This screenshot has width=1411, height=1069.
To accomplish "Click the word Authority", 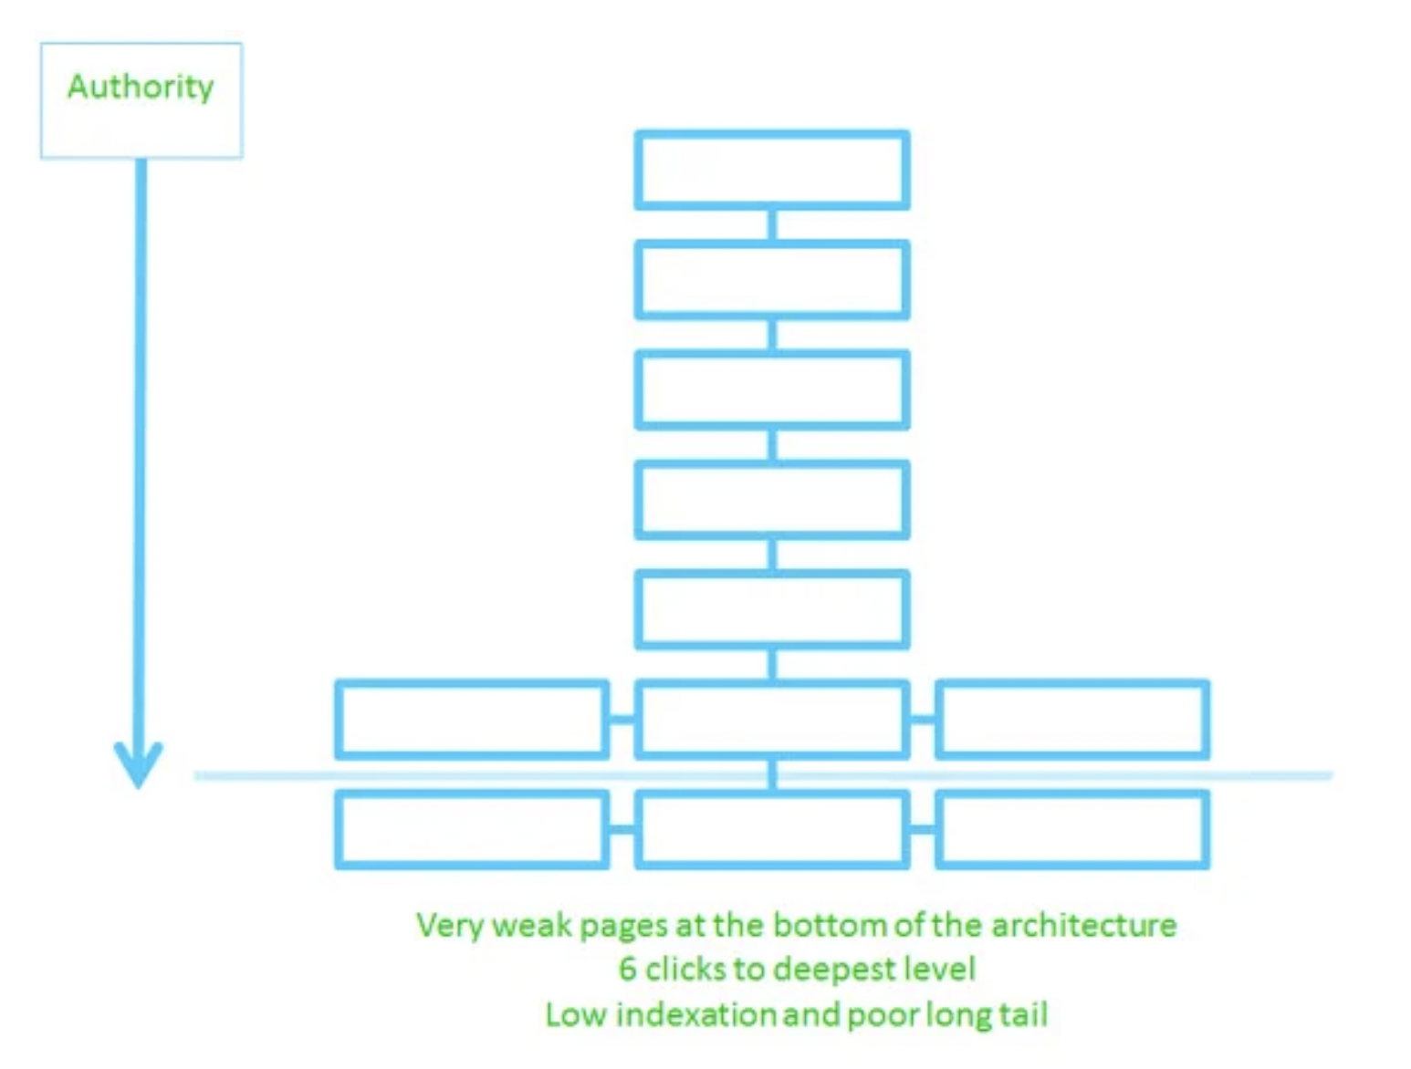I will tap(141, 87).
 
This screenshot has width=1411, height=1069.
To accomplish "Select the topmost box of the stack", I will tap(772, 171).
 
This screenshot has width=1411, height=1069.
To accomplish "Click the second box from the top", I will tap(772, 280).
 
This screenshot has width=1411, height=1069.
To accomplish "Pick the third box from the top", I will tap(772, 389).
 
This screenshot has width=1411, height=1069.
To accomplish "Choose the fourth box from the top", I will tap(772, 500).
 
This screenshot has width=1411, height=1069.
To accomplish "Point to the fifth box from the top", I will tap(772, 609).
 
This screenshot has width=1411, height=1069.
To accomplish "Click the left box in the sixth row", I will tap(472, 720).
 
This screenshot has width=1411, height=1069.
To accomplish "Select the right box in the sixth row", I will tap(1072, 720).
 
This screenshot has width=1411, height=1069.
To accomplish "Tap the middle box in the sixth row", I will tap(772, 720).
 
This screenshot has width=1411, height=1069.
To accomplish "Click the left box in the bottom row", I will tap(472, 829).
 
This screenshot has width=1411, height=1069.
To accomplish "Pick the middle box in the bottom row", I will tap(772, 829).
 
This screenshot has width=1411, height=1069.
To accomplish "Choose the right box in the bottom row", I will tap(1072, 829).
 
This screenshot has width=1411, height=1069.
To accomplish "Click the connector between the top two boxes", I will tap(772, 225).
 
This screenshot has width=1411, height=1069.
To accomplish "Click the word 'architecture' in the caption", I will tap(1084, 926).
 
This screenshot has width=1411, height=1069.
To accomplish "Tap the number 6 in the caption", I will tap(627, 969).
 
